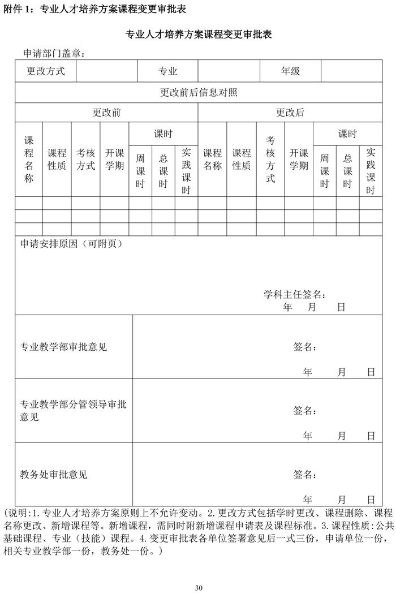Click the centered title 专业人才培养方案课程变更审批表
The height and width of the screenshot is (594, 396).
pos(199,35)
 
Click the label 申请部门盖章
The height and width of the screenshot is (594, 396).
pos(54,53)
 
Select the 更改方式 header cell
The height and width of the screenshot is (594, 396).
pos(46,71)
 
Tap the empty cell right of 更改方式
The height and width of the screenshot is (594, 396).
pos(106,71)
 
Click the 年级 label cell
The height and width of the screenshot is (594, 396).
pos(290,71)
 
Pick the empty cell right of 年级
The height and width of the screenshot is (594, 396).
pos(351,71)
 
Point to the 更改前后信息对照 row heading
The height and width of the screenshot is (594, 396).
pos(199,93)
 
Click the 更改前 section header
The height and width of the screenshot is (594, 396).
pos(106,113)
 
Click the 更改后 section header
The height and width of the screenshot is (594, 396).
pos(290,113)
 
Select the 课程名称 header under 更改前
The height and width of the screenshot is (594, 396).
pos(29,160)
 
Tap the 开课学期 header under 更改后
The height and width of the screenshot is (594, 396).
pos(299,160)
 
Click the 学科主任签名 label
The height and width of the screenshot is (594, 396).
pos(295,294)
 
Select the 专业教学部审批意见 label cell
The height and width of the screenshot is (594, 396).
pos(63,347)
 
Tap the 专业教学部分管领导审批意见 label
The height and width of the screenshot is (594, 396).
pos(74,411)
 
